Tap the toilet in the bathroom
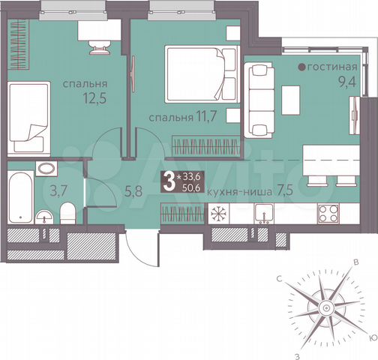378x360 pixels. point(67,211)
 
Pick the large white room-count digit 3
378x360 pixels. point(168,180)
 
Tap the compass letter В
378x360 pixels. point(355,262)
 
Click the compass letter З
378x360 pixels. point(297,354)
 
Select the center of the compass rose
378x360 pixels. point(325,308)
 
